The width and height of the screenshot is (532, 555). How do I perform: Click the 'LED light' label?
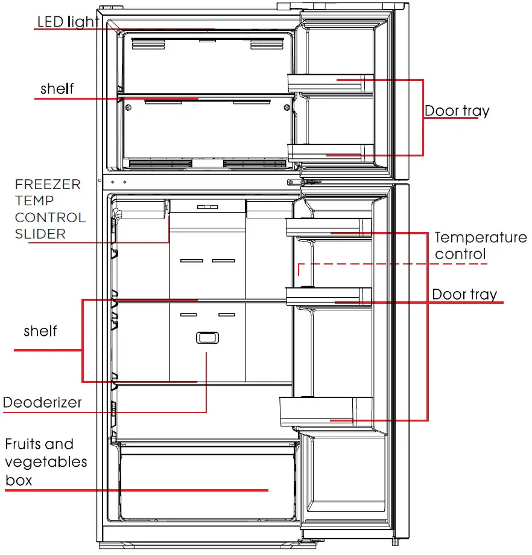point(68,22)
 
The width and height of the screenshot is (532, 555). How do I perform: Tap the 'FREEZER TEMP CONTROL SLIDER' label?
point(50,209)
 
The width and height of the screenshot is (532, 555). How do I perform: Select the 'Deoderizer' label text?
point(42,402)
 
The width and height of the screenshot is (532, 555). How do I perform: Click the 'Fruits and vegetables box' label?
point(46,462)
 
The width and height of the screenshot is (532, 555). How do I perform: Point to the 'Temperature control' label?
point(480,246)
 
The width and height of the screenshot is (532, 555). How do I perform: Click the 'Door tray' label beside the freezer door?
point(457,111)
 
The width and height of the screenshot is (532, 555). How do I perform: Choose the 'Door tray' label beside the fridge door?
point(464,294)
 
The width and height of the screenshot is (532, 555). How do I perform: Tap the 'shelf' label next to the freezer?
point(57,89)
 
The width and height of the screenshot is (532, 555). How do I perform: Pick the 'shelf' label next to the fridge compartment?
point(40,331)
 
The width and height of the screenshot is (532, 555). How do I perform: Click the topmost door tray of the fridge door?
point(328,226)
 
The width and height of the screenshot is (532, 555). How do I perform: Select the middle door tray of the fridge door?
point(328,296)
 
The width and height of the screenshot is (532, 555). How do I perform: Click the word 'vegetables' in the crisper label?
point(46,463)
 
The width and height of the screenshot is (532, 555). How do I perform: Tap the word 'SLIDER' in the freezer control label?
point(40,234)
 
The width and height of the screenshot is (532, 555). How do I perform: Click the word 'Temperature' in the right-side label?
point(480,237)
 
